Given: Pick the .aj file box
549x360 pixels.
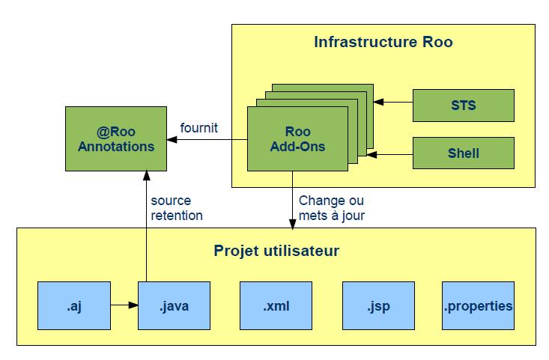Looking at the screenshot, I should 74,305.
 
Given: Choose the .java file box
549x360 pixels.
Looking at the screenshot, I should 175,305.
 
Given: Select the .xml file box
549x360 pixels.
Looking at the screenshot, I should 276,305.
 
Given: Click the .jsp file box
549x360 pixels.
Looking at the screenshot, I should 377,305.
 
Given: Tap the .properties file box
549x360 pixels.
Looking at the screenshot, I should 478,305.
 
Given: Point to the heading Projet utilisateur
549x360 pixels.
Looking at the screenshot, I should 276,250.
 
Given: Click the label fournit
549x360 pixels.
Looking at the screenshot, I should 198,128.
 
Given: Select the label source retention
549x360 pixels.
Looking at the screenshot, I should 176,208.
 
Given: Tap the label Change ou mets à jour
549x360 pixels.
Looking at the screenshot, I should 331,208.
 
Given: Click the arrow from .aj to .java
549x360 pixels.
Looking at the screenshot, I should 124,305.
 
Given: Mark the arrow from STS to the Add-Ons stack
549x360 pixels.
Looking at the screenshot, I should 393,99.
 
